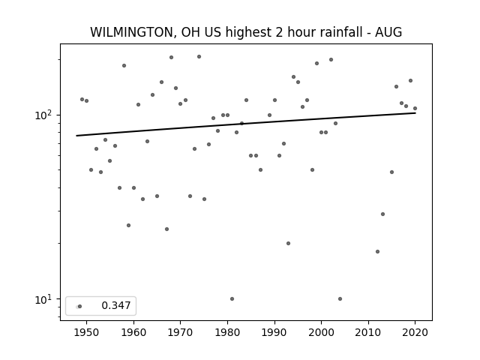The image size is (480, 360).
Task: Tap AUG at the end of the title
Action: pos(388,32)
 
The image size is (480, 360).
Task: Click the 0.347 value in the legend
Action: pos(116,305)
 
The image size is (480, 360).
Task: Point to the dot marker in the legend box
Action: pos(80,306)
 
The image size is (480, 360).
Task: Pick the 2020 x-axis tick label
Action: pos(415,332)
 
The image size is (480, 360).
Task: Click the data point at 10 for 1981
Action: pos(232,298)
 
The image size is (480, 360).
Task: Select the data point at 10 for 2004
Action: pos(340,298)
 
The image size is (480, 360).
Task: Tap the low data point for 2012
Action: pos(377,252)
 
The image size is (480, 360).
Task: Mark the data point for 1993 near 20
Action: pos(288,243)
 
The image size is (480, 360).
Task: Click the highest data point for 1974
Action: pos(199,57)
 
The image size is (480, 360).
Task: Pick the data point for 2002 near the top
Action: pos(331,60)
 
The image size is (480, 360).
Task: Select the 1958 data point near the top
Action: pos(124,65)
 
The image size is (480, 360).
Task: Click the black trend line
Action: pos(246,124)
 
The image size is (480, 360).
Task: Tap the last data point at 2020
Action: pos(415,108)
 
